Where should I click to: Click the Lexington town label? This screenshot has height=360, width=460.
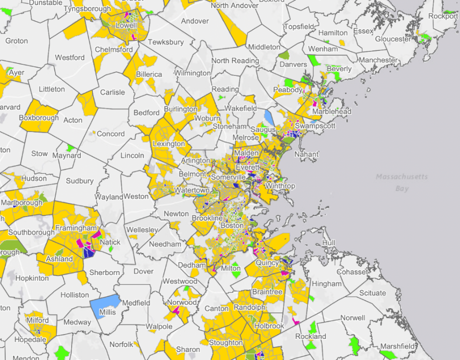pyautogui.click(x=168, y=144)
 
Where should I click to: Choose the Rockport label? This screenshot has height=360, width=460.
pyautogui.click(x=443, y=16)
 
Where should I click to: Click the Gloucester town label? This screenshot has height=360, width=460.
pyautogui.click(x=393, y=39)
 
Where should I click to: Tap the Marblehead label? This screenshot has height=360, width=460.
pyautogui.click(x=332, y=112)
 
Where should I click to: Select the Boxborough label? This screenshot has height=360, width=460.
pyautogui.click(x=39, y=118)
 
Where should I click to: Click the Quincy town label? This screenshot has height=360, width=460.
pyautogui.click(x=267, y=263)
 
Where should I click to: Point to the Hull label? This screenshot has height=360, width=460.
pyautogui.click(x=328, y=243)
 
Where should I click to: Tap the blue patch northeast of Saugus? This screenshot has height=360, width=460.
pyautogui.click(x=269, y=117)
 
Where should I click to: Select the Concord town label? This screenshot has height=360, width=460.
pyautogui.click(x=111, y=134)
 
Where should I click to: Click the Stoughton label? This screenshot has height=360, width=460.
pyautogui.click(x=226, y=343)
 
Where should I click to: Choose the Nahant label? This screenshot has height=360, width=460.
pyautogui.click(x=308, y=154)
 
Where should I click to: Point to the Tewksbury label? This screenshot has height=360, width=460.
pyautogui.click(x=165, y=42)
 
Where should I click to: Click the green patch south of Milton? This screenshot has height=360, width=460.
pyautogui.click(x=235, y=275)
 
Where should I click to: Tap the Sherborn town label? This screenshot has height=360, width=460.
pyautogui.click(x=105, y=273)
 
